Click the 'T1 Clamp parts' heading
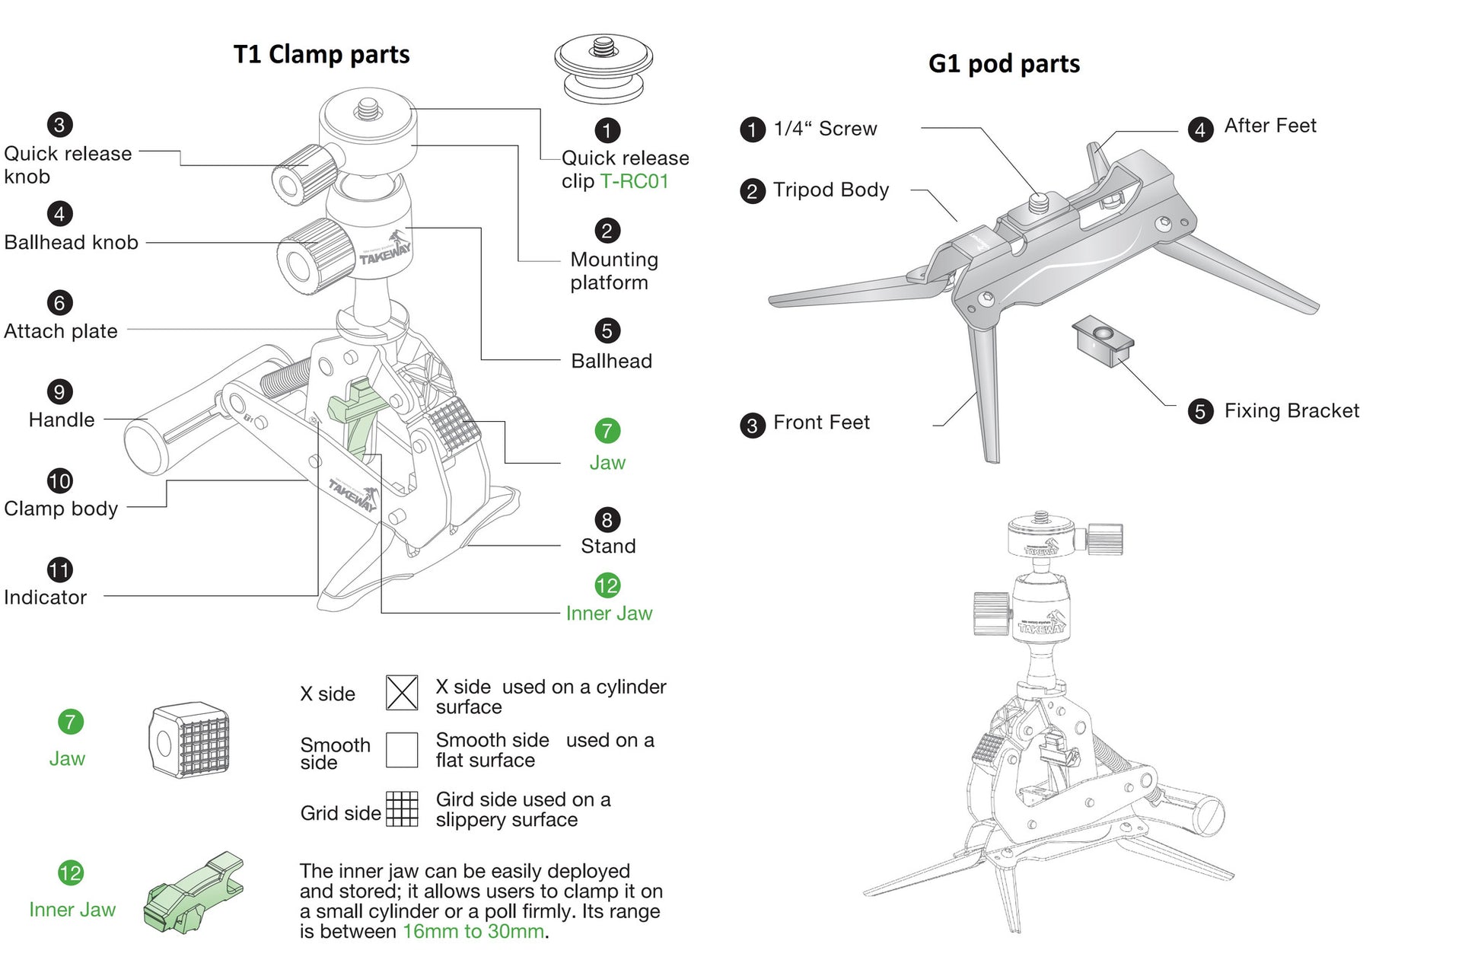coord(321,55)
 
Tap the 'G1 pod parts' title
coord(1003,64)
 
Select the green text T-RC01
coord(634,181)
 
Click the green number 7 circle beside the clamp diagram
coord(607,431)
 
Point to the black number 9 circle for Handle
coord(59,392)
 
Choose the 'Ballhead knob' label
coord(71,243)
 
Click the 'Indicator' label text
coord(45,598)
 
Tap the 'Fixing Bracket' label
coord(1291,411)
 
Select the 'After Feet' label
coord(1269,126)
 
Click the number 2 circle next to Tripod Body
coord(752,191)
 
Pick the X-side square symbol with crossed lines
coord(401,693)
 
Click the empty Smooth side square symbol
coord(401,750)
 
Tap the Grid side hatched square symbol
coord(402,809)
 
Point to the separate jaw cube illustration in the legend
coord(190,740)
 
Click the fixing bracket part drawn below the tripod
coord(1103,340)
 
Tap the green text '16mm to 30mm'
coord(473,932)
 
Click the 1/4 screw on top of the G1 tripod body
coord(1038,203)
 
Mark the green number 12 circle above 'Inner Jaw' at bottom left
coord(70,873)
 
